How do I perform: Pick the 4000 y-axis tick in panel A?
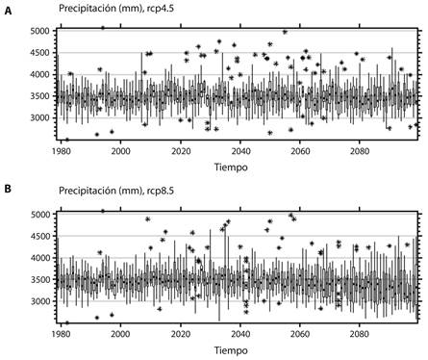click(39, 75)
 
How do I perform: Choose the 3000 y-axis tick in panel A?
click(39, 118)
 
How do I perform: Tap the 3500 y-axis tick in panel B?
click(39, 280)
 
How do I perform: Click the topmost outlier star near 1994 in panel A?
click(102, 28)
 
